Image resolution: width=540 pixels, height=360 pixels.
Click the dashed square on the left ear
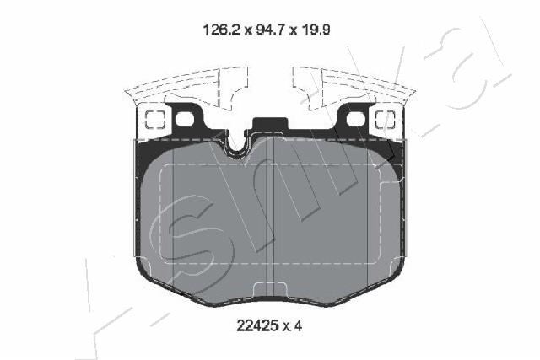(x=154, y=118)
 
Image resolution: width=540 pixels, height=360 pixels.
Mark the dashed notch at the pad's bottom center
(x=270, y=291)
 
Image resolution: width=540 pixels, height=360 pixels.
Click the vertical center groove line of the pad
(x=270, y=219)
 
